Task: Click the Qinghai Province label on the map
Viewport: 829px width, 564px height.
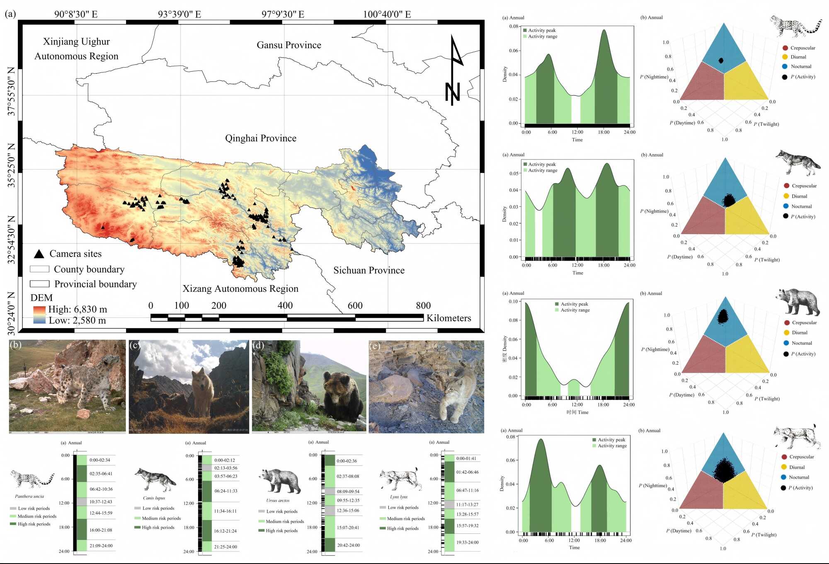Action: click(260, 138)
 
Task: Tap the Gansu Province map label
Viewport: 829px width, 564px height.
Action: click(288, 45)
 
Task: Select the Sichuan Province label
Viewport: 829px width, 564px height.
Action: click(368, 271)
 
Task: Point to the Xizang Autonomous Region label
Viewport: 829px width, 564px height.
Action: click(240, 289)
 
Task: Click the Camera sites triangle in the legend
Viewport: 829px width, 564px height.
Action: click(39, 254)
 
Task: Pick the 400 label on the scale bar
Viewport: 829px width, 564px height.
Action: click(285, 306)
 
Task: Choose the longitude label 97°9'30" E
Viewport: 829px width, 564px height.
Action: click(283, 15)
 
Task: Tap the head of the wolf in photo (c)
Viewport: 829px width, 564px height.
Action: click(200, 377)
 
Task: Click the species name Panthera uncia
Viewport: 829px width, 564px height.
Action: click(29, 496)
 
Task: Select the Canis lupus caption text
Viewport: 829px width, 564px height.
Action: click(154, 498)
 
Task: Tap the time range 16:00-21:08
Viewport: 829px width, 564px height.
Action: click(101, 530)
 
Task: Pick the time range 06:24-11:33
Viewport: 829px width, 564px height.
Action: click(225, 491)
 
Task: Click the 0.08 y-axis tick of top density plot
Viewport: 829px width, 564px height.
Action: click(513, 27)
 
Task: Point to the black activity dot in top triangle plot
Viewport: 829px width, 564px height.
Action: click(721, 61)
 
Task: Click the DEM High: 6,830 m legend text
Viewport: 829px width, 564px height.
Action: click(78, 310)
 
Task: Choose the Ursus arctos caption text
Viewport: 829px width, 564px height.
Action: click(278, 501)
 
